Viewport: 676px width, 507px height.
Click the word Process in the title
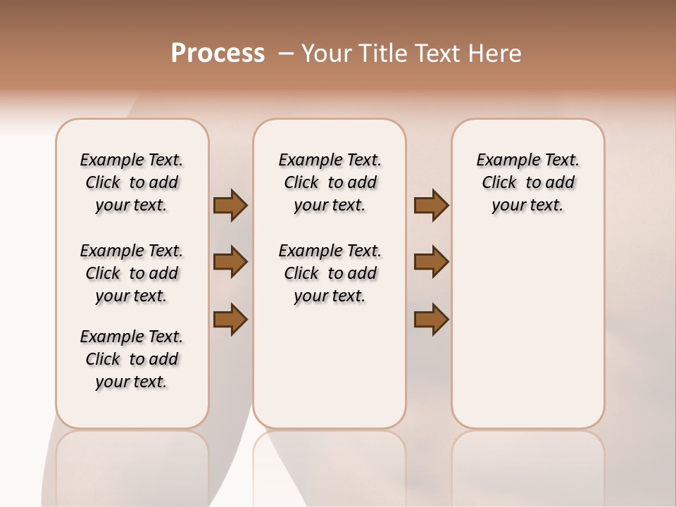[218, 54]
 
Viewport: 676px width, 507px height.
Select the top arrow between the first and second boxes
[230, 206]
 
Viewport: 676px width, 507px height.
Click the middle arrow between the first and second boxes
[230, 262]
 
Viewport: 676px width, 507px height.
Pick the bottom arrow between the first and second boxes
[230, 319]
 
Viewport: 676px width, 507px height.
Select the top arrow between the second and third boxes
[431, 206]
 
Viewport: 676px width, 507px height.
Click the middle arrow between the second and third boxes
[431, 262]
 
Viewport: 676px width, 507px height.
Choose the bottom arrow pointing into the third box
[431, 319]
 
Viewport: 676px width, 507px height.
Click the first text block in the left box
[132, 182]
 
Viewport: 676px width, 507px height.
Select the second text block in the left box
[132, 273]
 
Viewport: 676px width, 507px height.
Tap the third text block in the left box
[132, 359]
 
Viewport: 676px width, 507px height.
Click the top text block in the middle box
[330, 182]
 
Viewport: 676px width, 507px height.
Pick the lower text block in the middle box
[330, 273]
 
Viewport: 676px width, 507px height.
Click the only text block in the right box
[527, 182]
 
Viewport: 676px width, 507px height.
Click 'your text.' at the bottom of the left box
[132, 382]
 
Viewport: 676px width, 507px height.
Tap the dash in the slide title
[286, 54]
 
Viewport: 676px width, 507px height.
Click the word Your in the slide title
[327, 54]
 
